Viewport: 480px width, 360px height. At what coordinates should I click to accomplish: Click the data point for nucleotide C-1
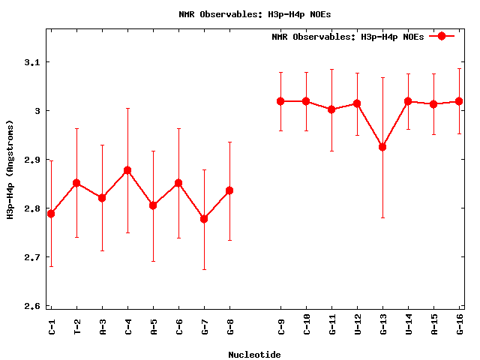pos(51,214)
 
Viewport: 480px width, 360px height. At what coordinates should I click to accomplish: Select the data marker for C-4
pos(127,170)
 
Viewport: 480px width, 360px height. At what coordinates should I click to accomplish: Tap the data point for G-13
pos(382,147)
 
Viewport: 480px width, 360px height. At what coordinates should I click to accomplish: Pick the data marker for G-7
pos(204,218)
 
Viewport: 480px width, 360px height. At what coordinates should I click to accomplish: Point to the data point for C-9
pos(280,101)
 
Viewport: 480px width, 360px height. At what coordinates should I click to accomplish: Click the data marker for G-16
pos(459,101)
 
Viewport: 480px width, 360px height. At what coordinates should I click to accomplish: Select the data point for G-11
pos(331,109)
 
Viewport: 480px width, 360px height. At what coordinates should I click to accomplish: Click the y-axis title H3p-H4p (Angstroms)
pos(11,169)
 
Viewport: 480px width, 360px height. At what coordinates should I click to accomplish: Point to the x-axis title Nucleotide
pos(254,355)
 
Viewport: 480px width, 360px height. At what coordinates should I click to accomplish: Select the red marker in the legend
pos(442,36)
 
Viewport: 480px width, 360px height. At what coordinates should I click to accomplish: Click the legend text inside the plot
pos(348,37)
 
